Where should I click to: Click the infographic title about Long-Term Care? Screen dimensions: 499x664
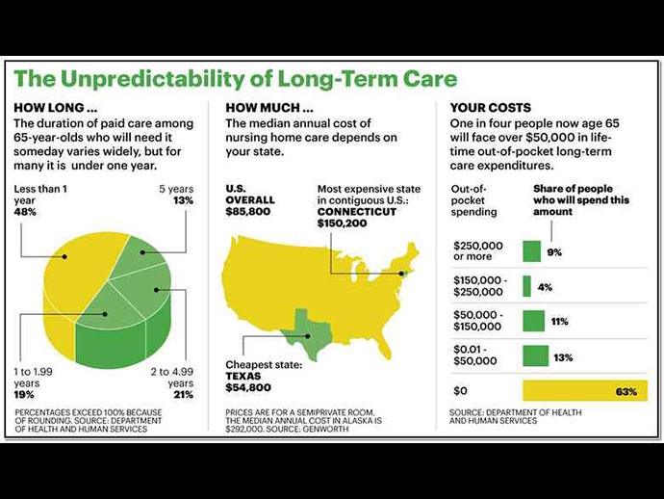236,77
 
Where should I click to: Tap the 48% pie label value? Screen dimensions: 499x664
26,211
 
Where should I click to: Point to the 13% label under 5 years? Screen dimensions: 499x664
182,200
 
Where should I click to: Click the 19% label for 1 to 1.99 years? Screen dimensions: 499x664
25,394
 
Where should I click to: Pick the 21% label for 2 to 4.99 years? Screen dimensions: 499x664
181,394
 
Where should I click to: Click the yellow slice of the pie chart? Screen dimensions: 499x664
63,289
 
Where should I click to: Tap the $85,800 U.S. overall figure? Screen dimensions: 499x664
247,212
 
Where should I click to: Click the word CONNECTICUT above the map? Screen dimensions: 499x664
357,211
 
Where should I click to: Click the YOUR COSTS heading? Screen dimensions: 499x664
491,108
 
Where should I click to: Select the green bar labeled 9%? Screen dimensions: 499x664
531,251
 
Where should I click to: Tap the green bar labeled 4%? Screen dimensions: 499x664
526,286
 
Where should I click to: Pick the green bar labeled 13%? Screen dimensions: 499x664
535,356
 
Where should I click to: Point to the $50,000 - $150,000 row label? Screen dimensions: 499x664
477,321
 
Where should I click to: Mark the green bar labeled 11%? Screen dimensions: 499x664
533,321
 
